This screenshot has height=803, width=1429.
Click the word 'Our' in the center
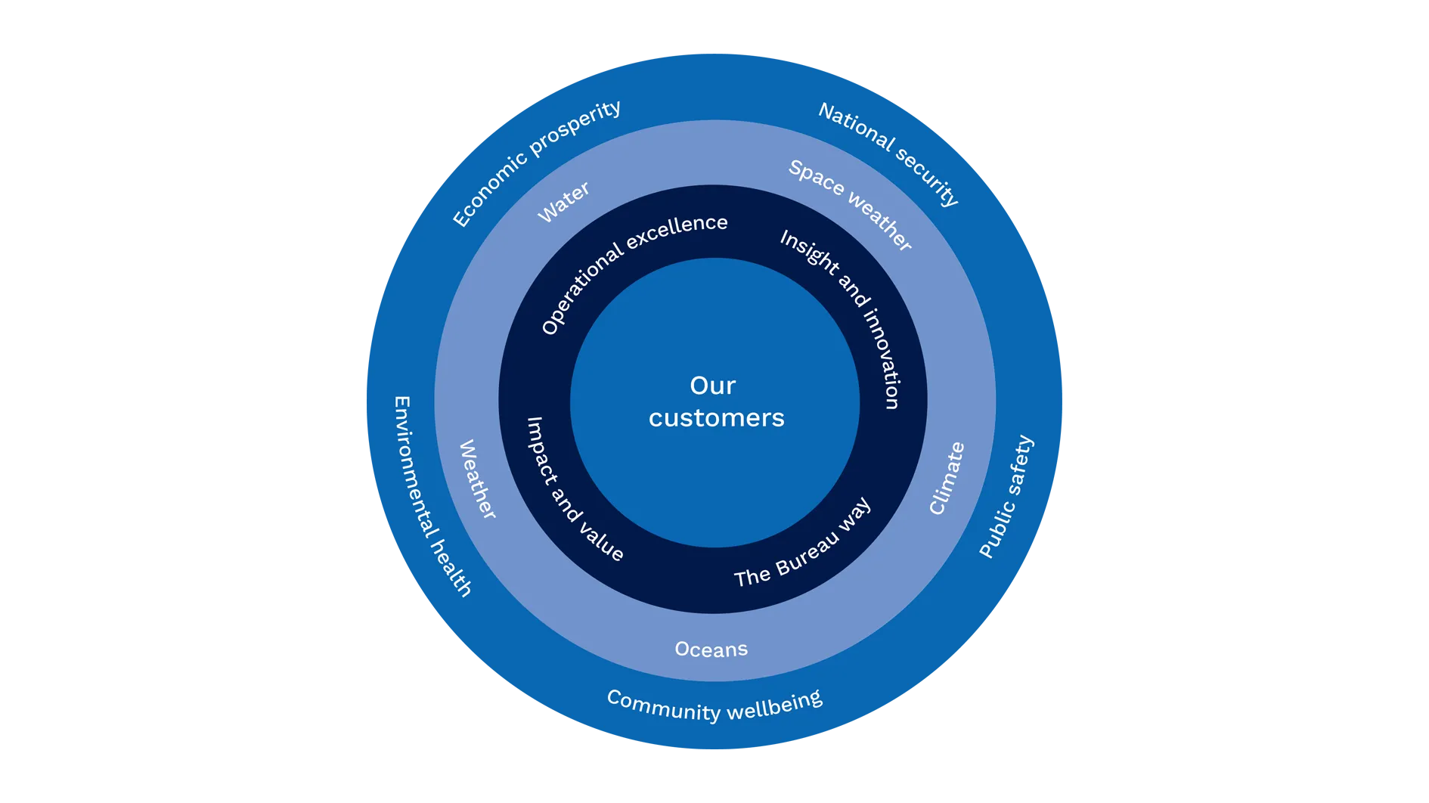point(712,386)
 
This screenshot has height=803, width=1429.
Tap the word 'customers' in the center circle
point(716,418)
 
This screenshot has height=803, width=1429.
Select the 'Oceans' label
point(711,650)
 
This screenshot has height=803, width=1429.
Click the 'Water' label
point(563,203)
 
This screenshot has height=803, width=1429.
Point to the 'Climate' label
point(946,479)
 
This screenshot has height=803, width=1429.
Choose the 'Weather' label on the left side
point(477,479)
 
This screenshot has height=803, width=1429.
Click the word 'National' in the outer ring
point(856,125)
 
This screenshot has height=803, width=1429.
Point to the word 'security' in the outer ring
point(928,175)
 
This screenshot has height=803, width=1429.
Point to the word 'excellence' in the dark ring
point(677,231)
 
